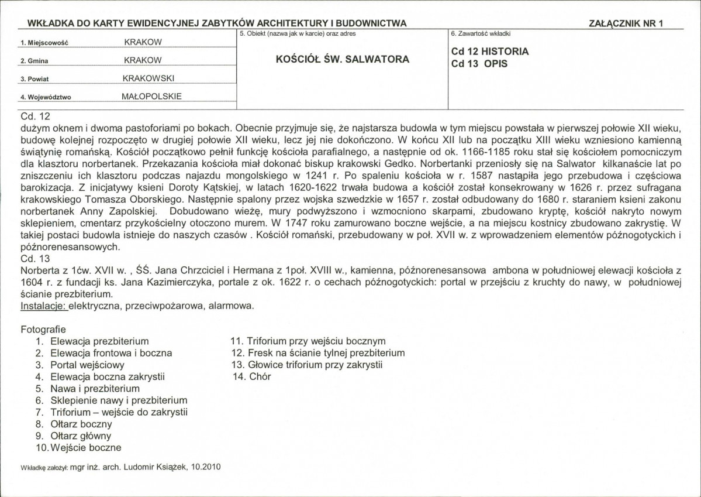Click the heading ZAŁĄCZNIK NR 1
point(629,23)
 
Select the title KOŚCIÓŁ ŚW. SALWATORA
point(342,59)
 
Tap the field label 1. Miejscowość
point(44,43)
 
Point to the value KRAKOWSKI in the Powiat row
point(149,78)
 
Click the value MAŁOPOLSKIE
point(151,96)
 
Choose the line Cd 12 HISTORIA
point(490,51)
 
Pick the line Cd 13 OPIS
point(479,64)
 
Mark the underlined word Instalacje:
point(44,306)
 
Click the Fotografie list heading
point(43,329)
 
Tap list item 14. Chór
point(252,376)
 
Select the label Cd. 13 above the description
point(36,258)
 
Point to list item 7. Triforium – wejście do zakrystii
point(111,412)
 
